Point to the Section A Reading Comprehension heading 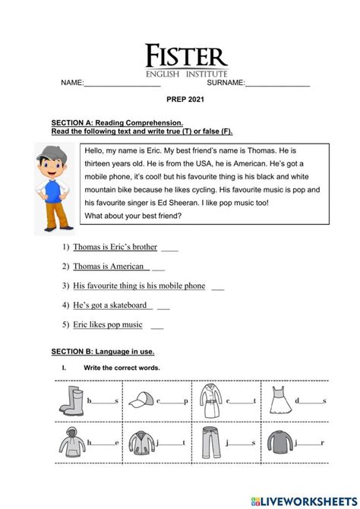(117, 122)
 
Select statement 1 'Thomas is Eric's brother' (115, 247)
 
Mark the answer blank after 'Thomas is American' (158, 267)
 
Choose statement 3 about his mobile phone (139, 286)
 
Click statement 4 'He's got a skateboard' (110, 305)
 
